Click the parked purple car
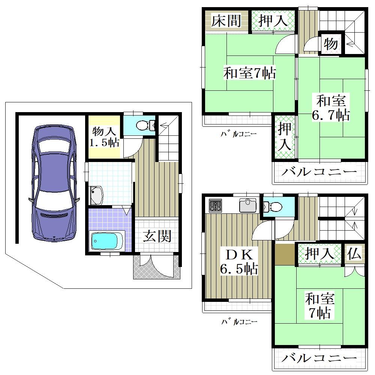54,183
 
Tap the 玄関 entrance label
157,236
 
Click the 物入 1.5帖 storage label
104,137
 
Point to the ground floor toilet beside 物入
145,125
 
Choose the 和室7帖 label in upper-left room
249,73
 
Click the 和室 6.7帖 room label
331,108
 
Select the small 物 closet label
331,44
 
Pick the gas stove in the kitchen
216,205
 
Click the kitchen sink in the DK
248,205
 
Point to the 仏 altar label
354,254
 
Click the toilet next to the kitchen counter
273,206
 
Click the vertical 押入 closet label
284,136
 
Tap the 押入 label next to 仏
319,253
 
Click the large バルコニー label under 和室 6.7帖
319,172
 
